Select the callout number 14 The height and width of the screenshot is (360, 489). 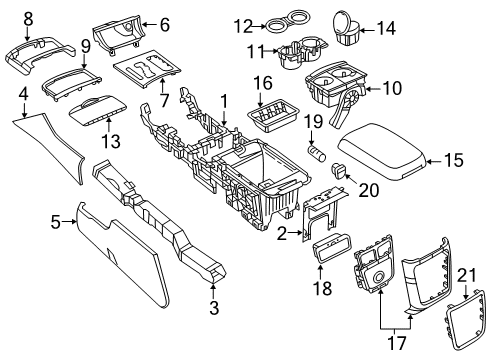click(385, 28)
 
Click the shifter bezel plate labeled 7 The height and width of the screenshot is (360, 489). click(145, 73)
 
